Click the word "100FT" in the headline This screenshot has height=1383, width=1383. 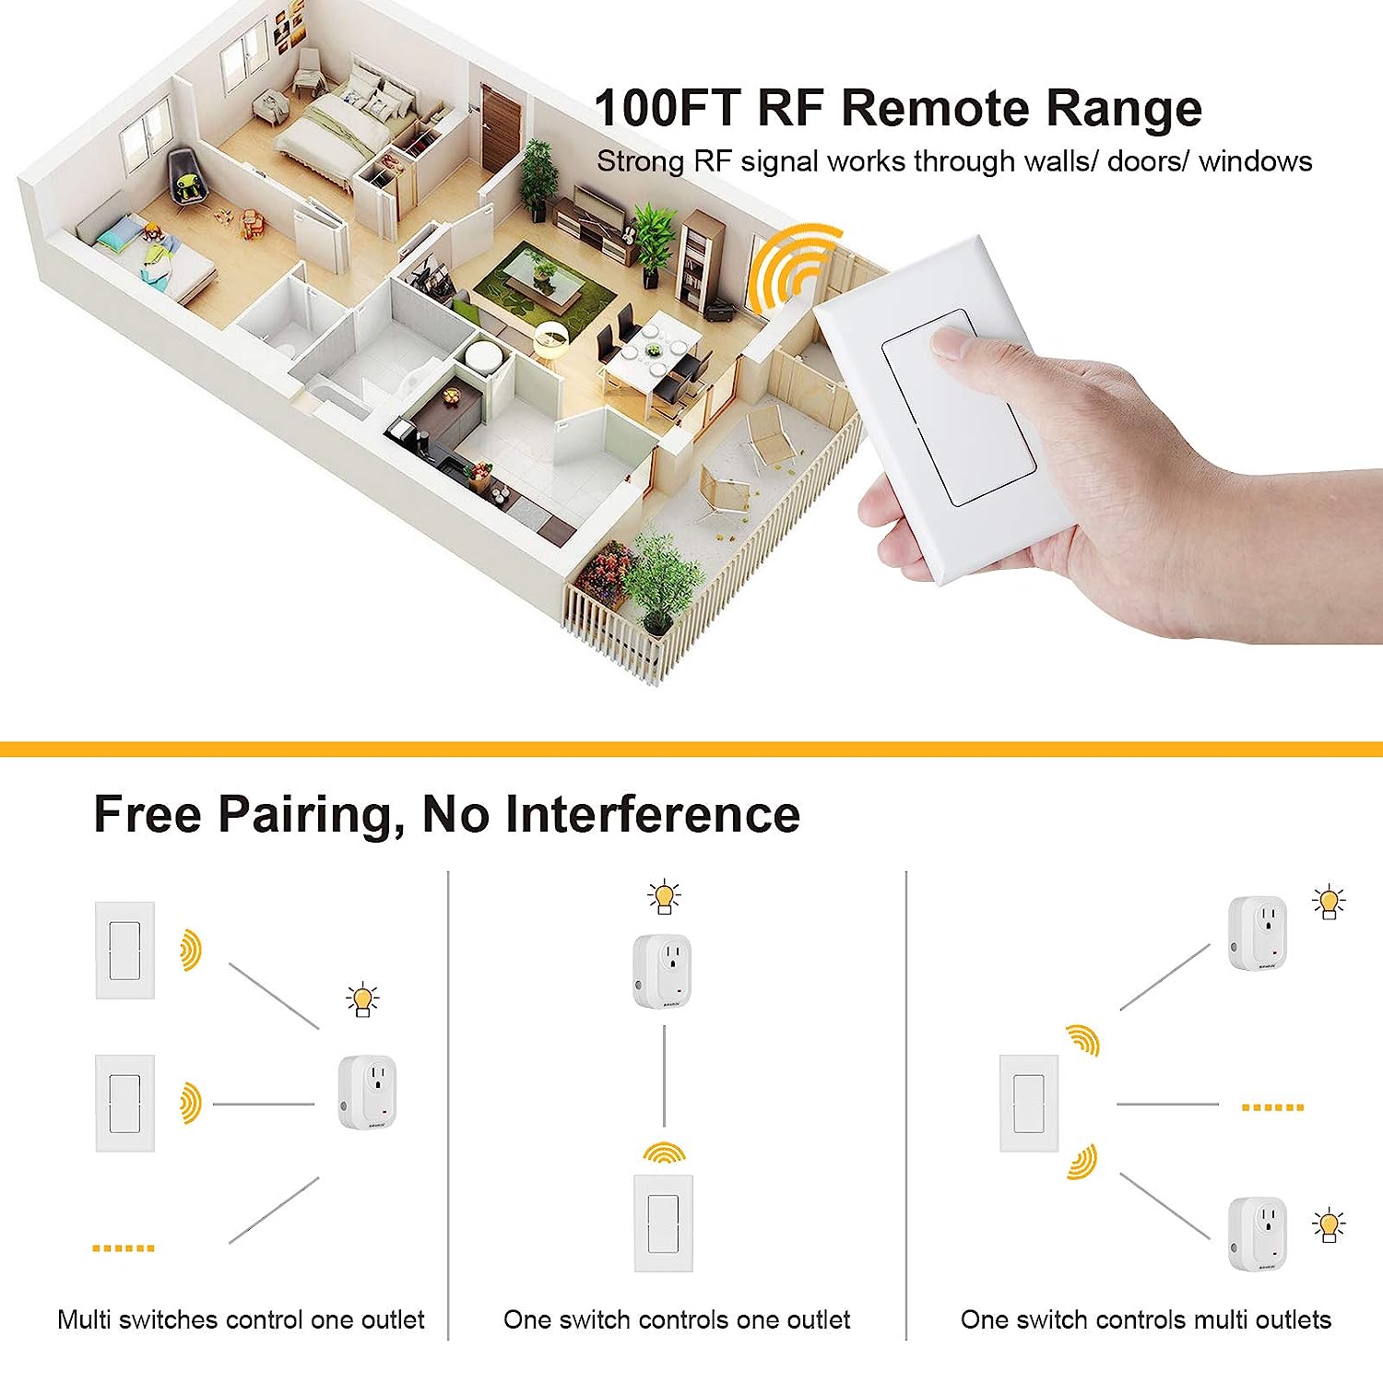pyautogui.click(x=668, y=108)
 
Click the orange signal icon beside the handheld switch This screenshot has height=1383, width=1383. pyautogui.click(x=791, y=267)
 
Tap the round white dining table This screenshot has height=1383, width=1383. pyautogui.click(x=653, y=348)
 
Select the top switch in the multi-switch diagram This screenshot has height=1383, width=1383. pyautogui.click(x=125, y=950)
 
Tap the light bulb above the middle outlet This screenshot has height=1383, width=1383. pyautogui.click(x=664, y=897)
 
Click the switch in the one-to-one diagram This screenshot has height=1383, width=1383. pyautogui.click(x=664, y=1223)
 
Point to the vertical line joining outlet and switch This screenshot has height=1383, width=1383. pyautogui.click(x=664, y=1075)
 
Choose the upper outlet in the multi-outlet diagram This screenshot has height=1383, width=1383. pyautogui.click(x=1258, y=932)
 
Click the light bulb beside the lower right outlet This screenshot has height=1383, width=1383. pyautogui.click(x=1329, y=1224)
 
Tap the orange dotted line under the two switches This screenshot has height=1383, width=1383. pyautogui.click(x=124, y=1247)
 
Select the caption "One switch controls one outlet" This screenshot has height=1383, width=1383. pyautogui.click(x=677, y=1319)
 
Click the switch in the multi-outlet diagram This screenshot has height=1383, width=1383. pyautogui.click(x=1030, y=1103)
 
